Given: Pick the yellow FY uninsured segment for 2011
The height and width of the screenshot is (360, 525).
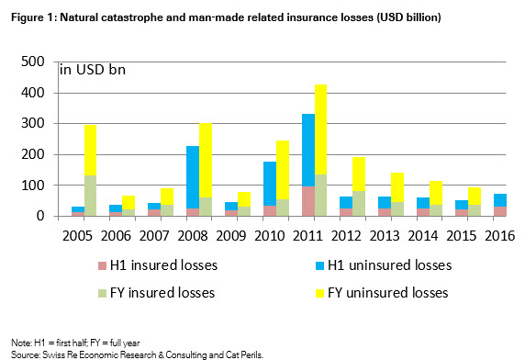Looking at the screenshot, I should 321,129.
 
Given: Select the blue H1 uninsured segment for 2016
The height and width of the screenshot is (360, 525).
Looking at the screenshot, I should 500,200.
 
